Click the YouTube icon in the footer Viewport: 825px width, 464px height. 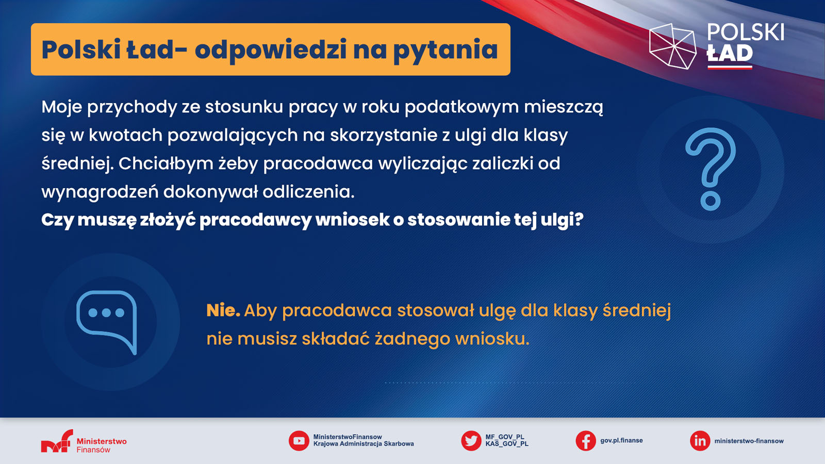(x=299, y=441)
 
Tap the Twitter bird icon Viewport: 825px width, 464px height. (x=471, y=441)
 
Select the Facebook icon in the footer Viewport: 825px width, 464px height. (x=586, y=441)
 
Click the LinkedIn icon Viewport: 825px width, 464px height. (x=700, y=441)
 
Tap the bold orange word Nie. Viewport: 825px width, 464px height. (x=223, y=310)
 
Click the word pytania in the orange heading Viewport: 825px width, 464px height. (x=445, y=50)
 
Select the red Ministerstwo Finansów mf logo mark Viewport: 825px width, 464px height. (x=57, y=441)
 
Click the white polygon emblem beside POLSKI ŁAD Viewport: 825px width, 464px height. (x=672, y=46)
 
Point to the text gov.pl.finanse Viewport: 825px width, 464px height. (x=621, y=440)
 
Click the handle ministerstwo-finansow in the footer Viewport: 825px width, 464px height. (x=749, y=441)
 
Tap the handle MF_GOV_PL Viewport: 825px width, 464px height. (x=505, y=437)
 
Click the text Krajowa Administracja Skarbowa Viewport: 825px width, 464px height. (x=364, y=444)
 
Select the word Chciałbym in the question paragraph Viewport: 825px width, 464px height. (x=166, y=163)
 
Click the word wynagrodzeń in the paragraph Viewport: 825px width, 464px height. (x=100, y=192)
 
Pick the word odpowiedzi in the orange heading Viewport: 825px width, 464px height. (x=270, y=50)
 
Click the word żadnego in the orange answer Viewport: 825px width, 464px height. (x=412, y=339)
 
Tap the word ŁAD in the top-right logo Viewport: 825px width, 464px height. (x=730, y=54)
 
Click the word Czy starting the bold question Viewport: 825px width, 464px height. (x=57, y=220)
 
